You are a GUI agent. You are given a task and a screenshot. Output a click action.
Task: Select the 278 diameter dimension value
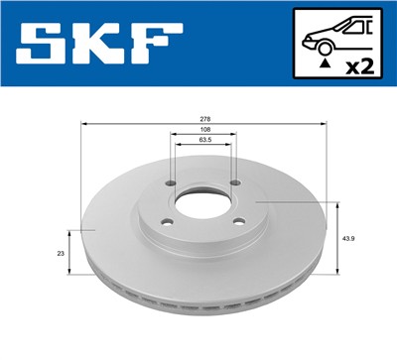click(x=203, y=118)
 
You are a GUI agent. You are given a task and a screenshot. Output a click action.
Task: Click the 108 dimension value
click(x=203, y=130)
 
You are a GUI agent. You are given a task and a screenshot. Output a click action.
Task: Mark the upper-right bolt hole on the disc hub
click(x=236, y=182)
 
